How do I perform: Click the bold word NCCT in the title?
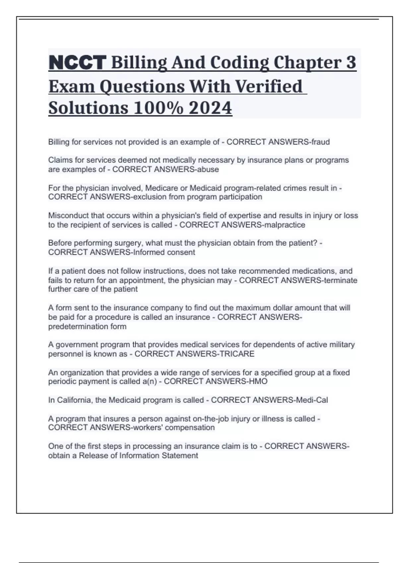point(77,63)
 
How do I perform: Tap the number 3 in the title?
point(351,63)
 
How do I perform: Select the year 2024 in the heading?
point(210,108)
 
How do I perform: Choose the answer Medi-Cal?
point(312,400)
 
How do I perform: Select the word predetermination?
point(78,327)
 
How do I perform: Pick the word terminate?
point(341,281)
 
